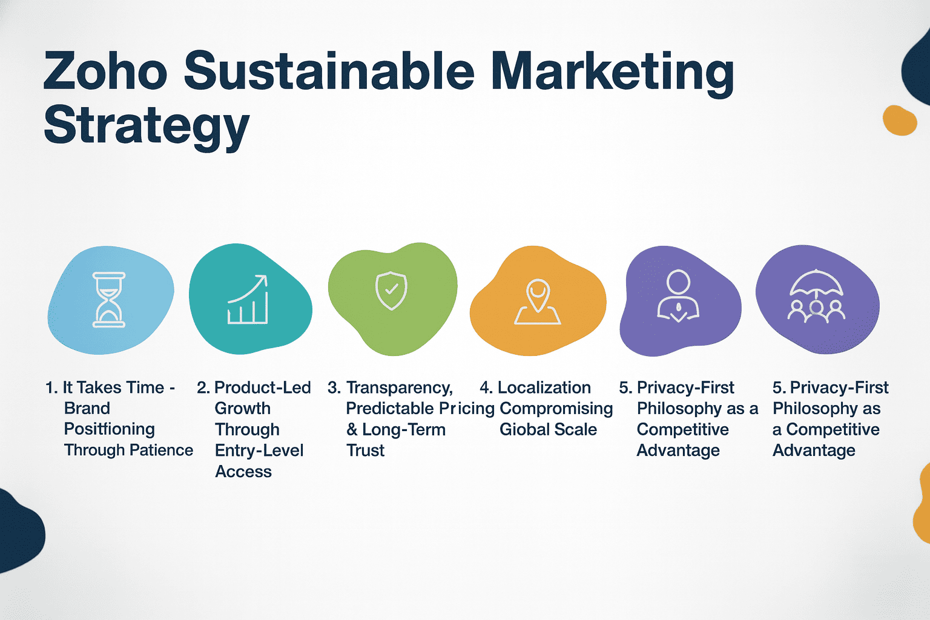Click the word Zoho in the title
pyautogui.click(x=105, y=71)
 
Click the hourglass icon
pyautogui.click(x=109, y=300)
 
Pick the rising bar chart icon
pyautogui.click(x=248, y=300)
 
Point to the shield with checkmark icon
pyautogui.click(x=391, y=291)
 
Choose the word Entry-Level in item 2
pyautogui.click(x=259, y=450)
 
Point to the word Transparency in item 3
pyautogui.click(x=399, y=387)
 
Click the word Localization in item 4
pyautogui.click(x=544, y=387)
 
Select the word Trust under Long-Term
pyautogui.click(x=365, y=450)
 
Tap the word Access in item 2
pyautogui.click(x=243, y=472)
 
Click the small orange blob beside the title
pyautogui.click(x=899, y=120)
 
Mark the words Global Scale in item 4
pyautogui.click(x=548, y=429)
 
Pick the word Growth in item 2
pyautogui.click(x=242, y=408)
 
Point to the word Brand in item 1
pyautogui.click(x=87, y=408)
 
